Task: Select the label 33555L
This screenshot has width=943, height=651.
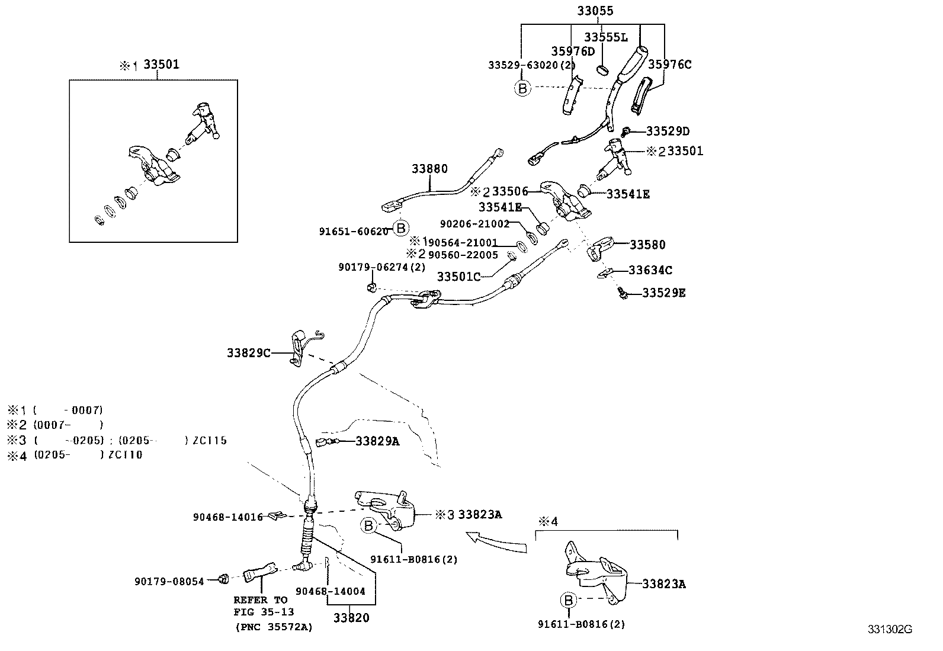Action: click(x=605, y=37)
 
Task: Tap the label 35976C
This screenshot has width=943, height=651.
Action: click(x=669, y=65)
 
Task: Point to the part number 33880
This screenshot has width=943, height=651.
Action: click(x=429, y=169)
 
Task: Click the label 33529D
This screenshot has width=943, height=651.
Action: click(x=668, y=131)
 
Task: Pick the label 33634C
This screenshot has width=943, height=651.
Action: click(x=650, y=270)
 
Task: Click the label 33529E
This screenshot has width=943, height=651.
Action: click(x=663, y=293)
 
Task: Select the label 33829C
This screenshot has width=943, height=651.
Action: click(x=248, y=353)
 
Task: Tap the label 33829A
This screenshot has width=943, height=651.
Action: click(x=377, y=441)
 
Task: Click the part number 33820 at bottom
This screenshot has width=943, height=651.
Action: click(x=351, y=618)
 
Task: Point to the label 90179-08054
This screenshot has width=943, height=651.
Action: click(x=169, y=581)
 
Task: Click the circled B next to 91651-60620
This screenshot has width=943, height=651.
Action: click(x=401, y=228)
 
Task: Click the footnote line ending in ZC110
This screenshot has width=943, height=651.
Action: click(x=75, y=455)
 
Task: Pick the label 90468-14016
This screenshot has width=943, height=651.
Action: click(x=227, y=517)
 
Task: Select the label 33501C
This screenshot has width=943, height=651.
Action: click(x=458, y=276)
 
